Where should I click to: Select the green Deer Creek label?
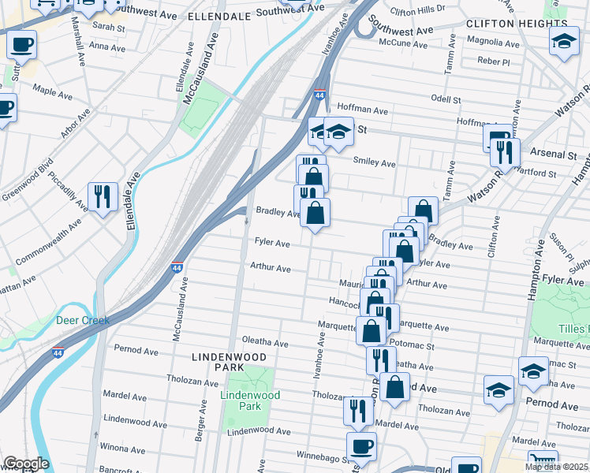[x=82, y=320]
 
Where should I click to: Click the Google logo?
[x=25, y=464]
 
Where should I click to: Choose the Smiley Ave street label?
[x=374, y=162]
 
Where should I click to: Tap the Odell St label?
[x=446, y=99]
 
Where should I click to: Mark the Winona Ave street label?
[x=123, y=448]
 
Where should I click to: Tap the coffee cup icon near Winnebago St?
[x=361, y=446]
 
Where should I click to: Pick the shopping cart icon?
[x=543, y=463]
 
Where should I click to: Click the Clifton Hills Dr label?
[x=417, y=9]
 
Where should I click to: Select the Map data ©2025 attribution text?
[x=555, y=467]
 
